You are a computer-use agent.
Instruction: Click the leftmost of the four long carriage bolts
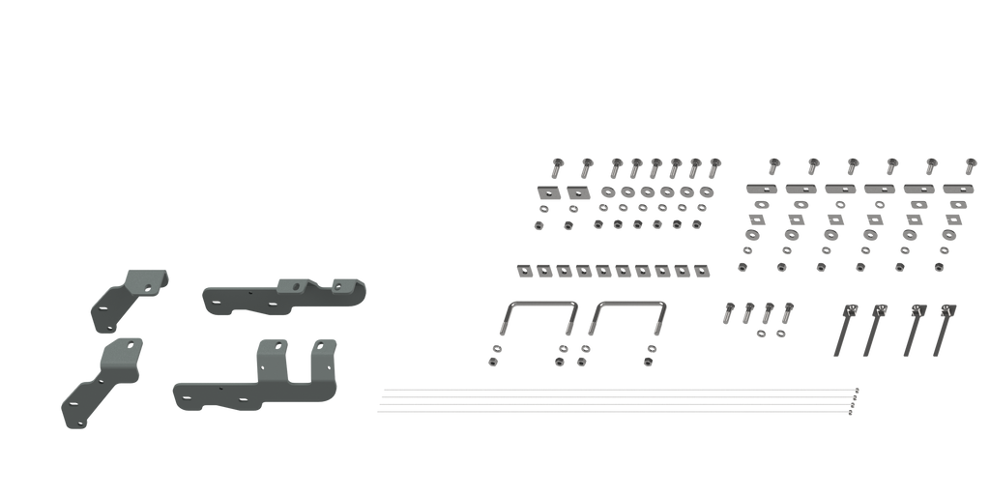[845, 328]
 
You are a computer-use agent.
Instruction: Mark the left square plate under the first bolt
[544, 191]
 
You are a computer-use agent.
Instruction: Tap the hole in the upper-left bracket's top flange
[148, 284]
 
